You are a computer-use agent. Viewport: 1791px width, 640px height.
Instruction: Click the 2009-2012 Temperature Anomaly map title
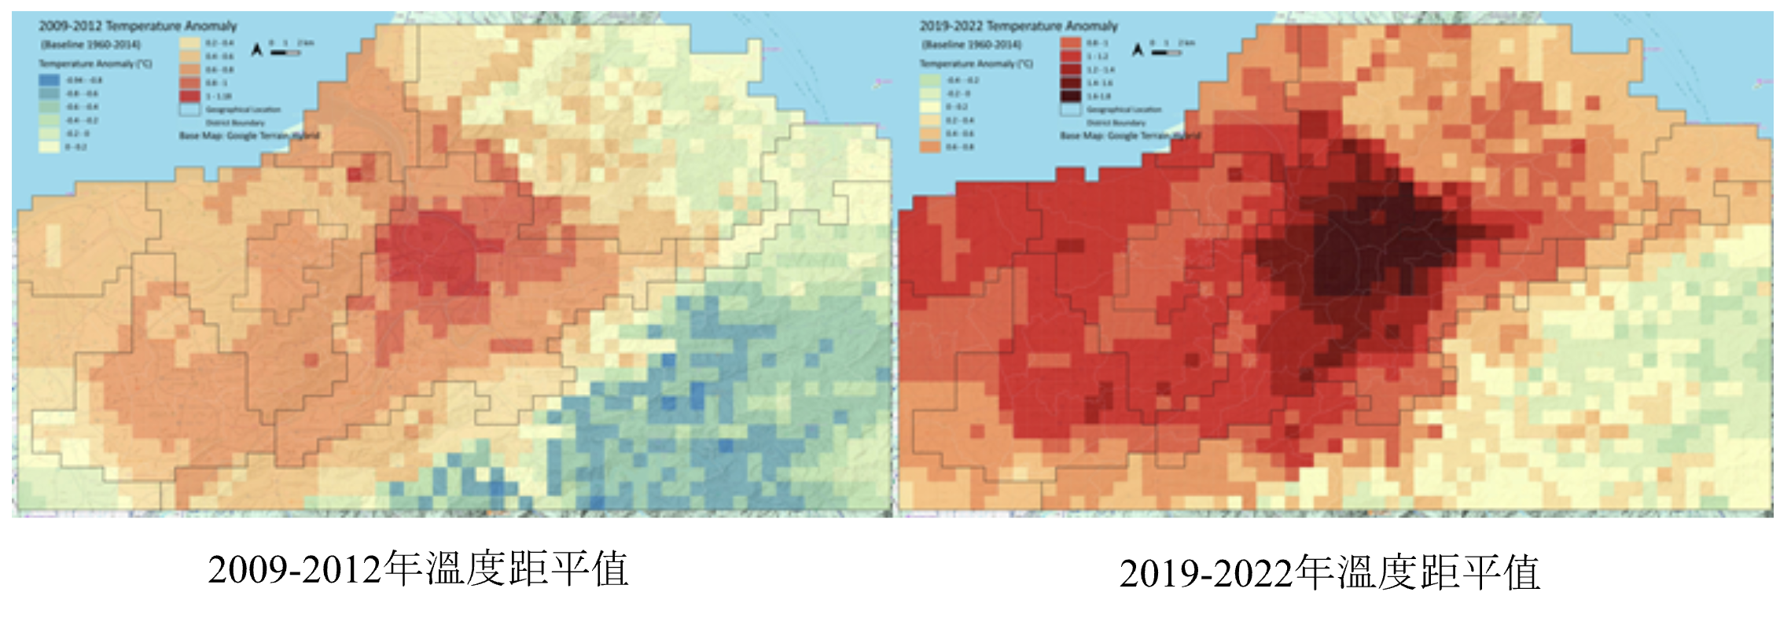[x=138, y=26]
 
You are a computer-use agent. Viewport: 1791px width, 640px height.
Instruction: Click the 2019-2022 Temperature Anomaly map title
[x=1018, y=26]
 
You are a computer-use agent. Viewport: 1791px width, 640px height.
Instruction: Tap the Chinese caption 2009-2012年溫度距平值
[x=417, y=569]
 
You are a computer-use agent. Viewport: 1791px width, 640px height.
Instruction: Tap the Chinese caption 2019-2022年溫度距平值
[x=1329, y=572]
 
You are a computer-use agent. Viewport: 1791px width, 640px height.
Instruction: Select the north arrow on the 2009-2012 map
[x=256, y=50]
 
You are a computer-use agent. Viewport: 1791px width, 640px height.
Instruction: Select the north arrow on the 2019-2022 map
[x=1137, y=50]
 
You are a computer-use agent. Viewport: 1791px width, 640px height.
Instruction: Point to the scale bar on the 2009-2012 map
[x=285, y=53]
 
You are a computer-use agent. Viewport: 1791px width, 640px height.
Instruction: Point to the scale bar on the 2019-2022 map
[x=1166, y=53]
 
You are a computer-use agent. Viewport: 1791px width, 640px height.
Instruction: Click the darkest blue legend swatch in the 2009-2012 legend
[x=50, y=80]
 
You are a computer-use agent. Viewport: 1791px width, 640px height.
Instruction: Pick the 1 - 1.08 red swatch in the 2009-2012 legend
[x=189, y=96]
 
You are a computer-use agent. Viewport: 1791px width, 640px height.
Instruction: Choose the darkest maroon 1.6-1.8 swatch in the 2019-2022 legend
[x=1070, y=96]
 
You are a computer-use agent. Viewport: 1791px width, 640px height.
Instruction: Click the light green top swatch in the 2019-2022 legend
[x=930, y=80]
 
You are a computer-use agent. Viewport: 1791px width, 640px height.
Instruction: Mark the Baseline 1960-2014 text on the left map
[x=90, y=44]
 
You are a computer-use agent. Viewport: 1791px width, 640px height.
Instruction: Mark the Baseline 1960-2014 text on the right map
[x=971, y=44]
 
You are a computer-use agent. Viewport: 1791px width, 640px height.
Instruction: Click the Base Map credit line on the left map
[x=248, y=135]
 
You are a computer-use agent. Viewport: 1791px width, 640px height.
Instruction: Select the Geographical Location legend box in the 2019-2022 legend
[x=1070, y=109]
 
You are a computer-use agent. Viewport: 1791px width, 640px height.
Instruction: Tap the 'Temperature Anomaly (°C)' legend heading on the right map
[x=976, y=64]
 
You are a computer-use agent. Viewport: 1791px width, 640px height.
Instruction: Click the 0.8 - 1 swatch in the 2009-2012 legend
[x=189, y=83]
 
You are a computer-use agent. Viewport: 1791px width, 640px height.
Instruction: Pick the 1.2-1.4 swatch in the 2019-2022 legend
[x=1070, y=69]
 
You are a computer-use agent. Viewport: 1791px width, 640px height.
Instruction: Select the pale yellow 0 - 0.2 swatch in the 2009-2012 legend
[x=50, y=147]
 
